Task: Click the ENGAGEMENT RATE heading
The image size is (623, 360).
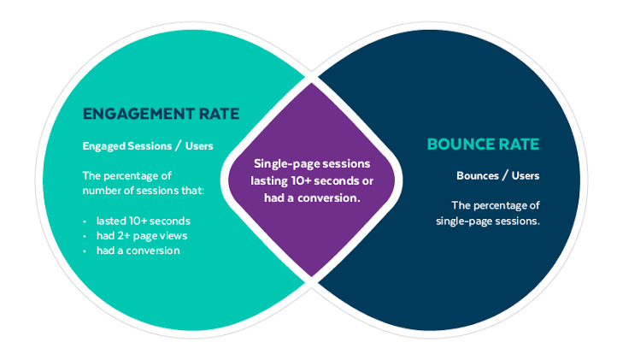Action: (161, 114)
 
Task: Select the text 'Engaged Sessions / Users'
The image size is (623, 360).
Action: (148, 145)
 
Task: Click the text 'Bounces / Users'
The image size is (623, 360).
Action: (497, 176)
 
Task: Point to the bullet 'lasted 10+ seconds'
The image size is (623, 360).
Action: (143, 221)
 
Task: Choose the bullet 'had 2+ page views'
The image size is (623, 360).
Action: (143, 235)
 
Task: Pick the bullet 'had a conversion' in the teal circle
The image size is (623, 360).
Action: (138, 250)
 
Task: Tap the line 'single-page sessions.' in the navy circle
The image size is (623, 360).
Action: (486, 221)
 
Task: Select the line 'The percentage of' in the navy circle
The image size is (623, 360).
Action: (495, 206)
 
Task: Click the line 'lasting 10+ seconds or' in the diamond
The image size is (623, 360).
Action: (311, 180)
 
